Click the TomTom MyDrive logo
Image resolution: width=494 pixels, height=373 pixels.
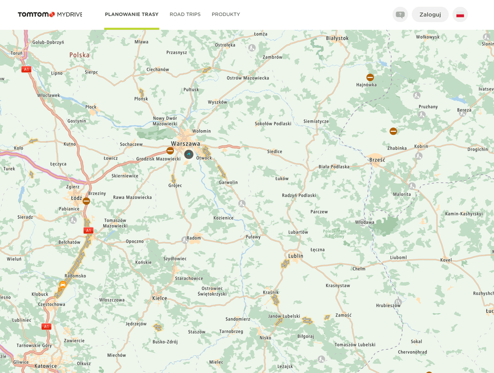50,15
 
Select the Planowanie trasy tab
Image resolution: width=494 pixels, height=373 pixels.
131,15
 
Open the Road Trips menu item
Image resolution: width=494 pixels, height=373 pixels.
185,15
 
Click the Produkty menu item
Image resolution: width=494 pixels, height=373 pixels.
226,15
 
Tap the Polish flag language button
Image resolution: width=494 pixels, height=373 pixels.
460,15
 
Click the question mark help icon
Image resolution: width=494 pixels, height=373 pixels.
400,15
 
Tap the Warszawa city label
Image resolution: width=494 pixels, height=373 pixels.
186,144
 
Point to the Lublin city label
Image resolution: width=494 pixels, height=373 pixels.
296,256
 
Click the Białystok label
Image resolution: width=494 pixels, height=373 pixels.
338,38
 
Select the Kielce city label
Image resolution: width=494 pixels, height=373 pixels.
160,298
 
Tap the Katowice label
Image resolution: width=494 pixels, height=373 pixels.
46,366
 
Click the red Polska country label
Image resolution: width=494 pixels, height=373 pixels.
80,55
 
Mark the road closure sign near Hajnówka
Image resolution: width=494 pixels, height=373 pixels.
370,77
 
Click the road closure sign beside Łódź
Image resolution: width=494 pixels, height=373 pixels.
86,201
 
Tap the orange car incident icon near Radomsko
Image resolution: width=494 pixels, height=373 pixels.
63,285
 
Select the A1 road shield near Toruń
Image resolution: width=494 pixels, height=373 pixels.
26,70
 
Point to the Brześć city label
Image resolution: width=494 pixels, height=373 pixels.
377,160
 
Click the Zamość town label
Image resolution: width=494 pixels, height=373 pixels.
344,315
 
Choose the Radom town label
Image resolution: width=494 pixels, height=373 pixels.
194,238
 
